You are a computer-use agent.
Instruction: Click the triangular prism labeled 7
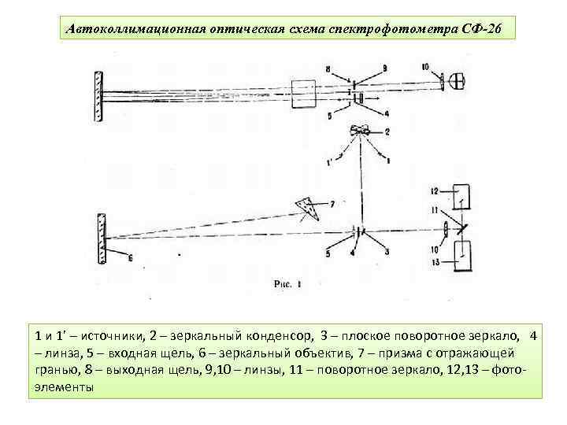point(305,208)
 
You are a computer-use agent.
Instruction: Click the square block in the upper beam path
point(304,94)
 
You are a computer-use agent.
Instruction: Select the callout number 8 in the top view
point(306,68)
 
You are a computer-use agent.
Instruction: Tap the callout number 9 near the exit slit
point(363,68)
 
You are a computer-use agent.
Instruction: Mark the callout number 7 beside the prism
point(333,203)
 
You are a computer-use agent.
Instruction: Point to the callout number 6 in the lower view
point(129,257)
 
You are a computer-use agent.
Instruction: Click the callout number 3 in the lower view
point(387,253)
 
